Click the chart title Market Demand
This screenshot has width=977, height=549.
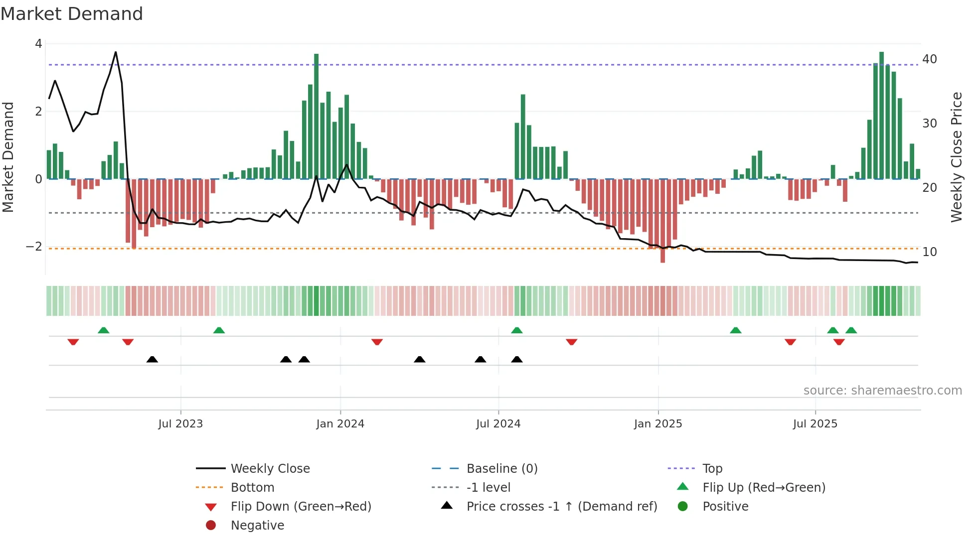pyautogui.click(x=72, y=14)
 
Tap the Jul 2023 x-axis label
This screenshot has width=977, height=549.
pyautogui.click(x=180, y=424)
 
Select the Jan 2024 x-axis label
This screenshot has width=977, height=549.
pyautogui.click(x=340, y=424)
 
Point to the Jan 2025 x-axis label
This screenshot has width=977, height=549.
pyautogui.click(x=658, y=424)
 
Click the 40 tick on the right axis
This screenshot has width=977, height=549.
pyautogui.click(x=930, y=59)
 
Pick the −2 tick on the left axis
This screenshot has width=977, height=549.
pyautogui.click(x=34, y=247)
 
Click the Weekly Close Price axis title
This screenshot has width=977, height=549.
pyautogui.click(x=956, y=157)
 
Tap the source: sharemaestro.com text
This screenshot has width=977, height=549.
pyautogui.click(x=882, y=391)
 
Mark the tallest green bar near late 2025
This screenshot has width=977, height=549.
pyautogui.click(x=881, y=115)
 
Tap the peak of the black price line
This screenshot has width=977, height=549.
pyautogui.click(x=116, y=52)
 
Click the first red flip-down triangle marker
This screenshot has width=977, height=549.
pyautogui.click(x=73, y=342)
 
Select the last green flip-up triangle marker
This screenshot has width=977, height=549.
pyautogui.click(x=851, y=330)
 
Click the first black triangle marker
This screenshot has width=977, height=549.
pyautogui.click(x=153, y=359)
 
